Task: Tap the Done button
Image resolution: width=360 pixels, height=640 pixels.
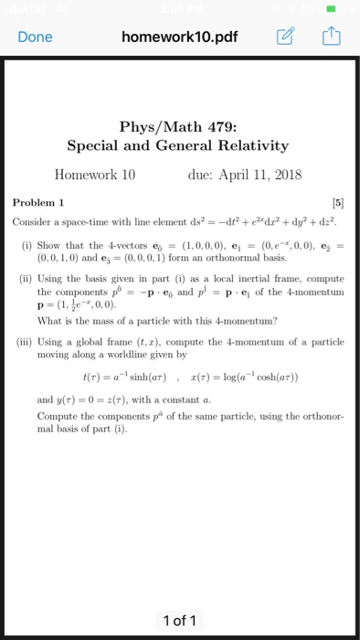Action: pos(35,37)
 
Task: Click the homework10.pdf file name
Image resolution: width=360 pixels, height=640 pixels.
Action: pos(179,37)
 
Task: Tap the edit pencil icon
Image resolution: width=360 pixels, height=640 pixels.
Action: pos(283,37)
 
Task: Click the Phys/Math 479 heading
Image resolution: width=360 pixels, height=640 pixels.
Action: pos(179,127)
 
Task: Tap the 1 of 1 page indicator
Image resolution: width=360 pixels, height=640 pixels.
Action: pos(179,622)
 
